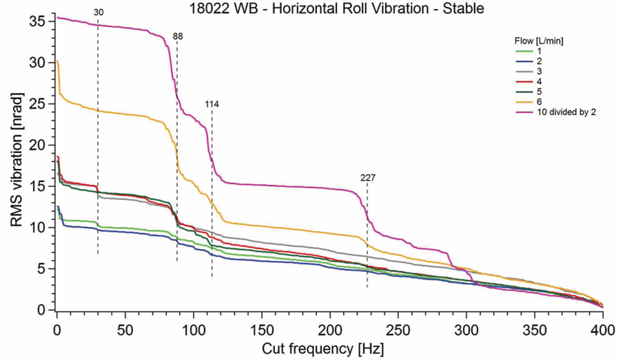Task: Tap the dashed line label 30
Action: pos(98,12)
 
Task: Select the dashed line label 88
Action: pos(178,37)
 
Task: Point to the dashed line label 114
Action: pos(212,104)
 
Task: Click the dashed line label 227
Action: pos(367,178)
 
